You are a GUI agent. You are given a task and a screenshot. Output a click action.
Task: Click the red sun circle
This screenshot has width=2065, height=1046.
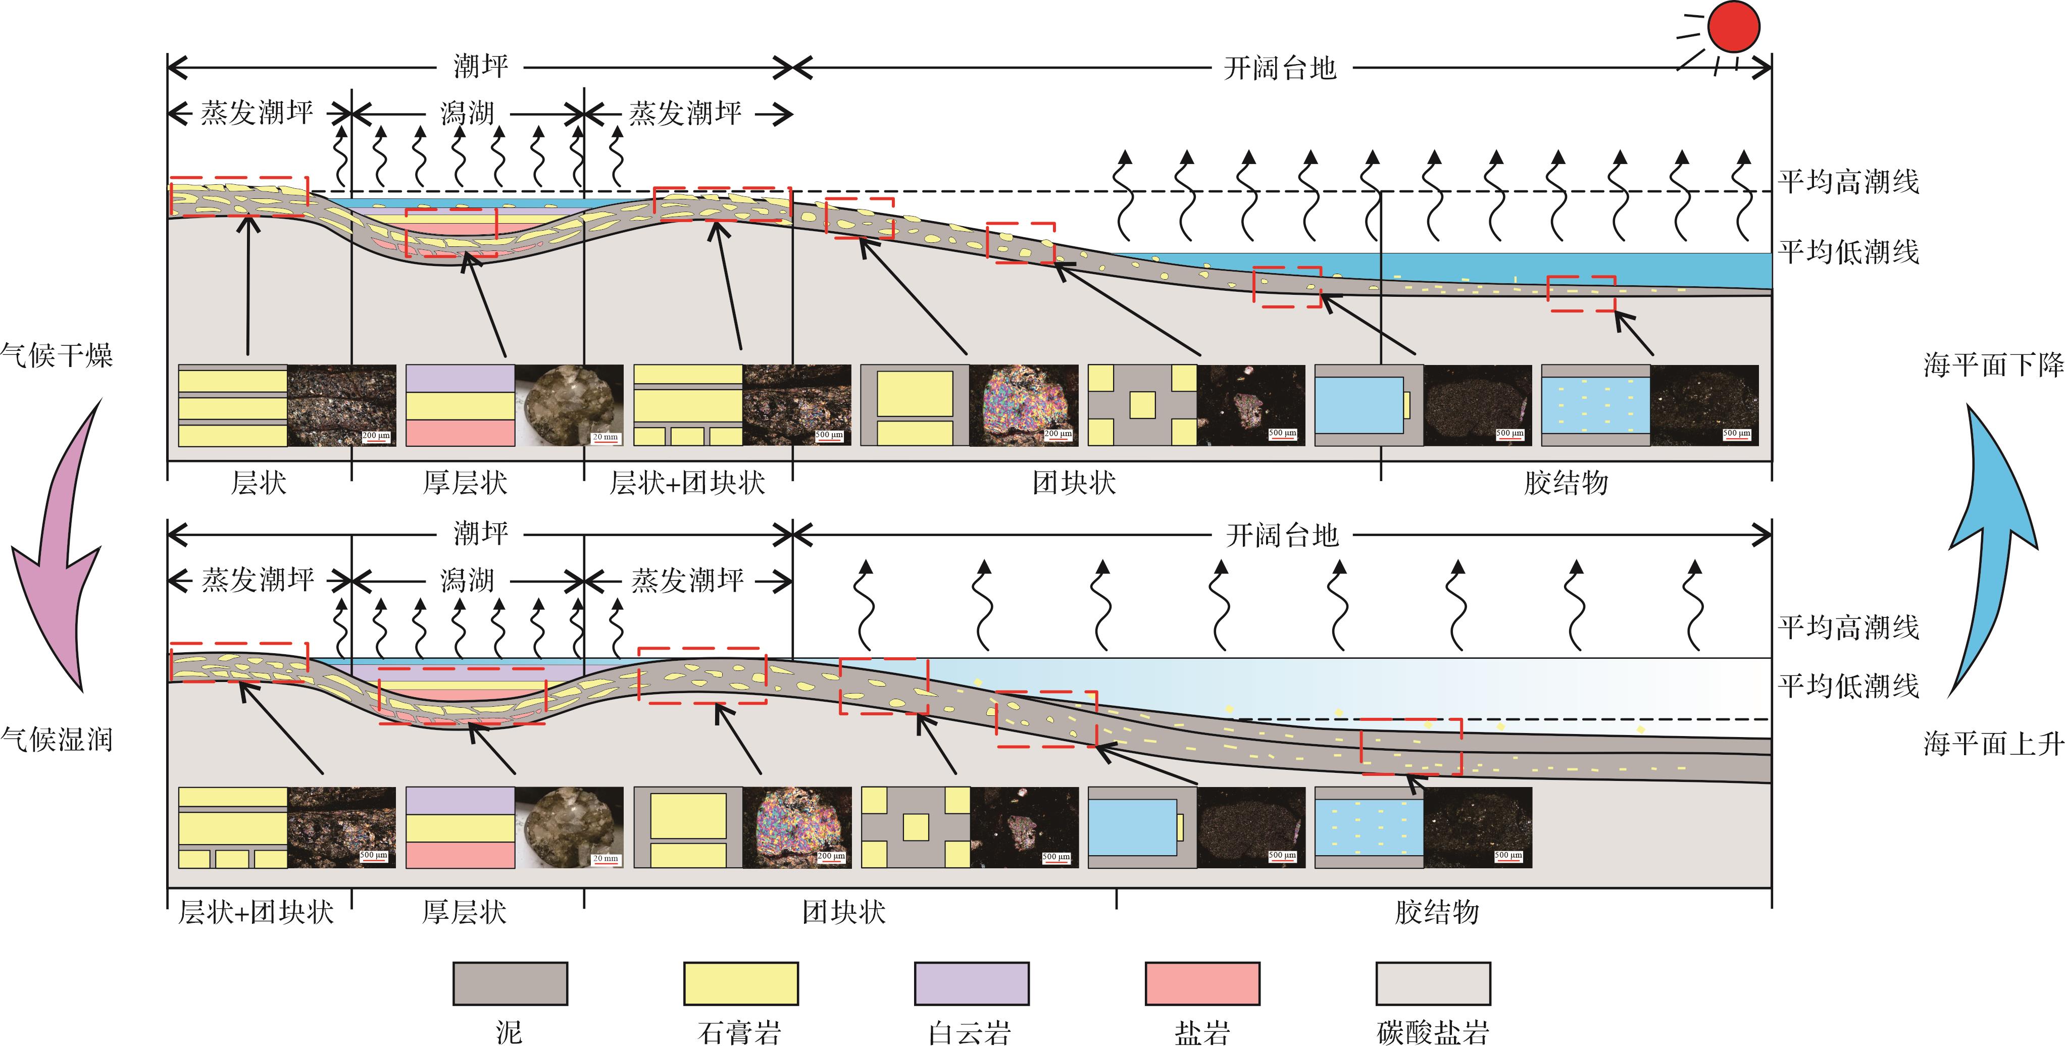pos(1733,27)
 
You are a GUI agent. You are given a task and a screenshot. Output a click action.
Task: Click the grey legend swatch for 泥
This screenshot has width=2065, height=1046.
pos(510,983)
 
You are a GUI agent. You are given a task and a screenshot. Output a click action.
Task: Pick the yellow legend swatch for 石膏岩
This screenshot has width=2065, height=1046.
pos(741,983)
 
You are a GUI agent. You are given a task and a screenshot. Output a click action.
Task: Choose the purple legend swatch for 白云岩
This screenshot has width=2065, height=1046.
pos(972,983)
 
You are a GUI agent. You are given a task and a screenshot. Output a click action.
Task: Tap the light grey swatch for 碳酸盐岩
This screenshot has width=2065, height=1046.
pos(1433,983)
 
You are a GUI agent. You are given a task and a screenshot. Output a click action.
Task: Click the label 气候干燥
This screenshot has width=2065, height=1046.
pos(56,354)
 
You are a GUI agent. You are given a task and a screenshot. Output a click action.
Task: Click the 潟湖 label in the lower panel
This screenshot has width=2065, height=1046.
pos(467,580)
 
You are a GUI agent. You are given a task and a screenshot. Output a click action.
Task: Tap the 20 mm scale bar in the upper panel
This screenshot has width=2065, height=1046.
pos(605,438)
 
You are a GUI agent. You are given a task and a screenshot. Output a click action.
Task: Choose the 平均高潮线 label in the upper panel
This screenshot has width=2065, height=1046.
pos(1848,182)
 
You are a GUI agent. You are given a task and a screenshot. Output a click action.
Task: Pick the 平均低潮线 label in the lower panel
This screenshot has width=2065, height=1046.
pos(1848,686)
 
